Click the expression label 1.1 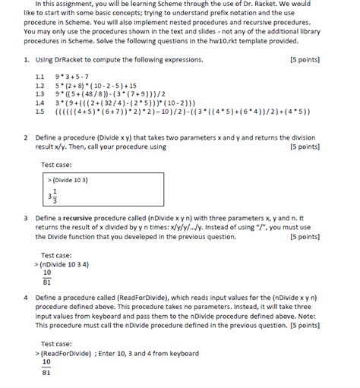click(40, 77)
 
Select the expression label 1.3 click(40, 93)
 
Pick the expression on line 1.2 click(96, 85)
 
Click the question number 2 click(26, 138)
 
